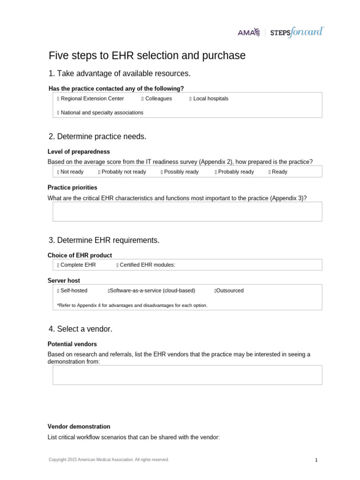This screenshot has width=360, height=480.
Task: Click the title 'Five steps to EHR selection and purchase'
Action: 147,56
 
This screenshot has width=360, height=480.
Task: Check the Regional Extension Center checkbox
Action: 58,99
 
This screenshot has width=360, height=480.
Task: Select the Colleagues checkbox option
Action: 142,99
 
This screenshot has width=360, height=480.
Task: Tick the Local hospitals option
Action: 191,99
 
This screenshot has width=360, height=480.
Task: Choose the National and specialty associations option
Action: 58,113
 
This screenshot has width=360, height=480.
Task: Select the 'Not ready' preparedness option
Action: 58,172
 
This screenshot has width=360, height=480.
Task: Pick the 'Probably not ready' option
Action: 99,172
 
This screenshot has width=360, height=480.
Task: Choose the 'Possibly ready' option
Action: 162,172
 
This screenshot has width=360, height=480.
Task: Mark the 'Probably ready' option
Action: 216,172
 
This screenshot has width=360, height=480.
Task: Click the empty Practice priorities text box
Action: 187,211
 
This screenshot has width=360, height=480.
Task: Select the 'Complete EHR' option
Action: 58,265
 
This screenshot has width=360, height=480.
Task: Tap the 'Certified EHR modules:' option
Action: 118,265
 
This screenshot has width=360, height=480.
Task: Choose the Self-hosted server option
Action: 58,291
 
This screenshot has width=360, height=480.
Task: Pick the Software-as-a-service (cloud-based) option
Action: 109,291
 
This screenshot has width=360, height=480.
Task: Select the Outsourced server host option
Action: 215,291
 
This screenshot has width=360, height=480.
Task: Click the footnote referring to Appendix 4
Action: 132,305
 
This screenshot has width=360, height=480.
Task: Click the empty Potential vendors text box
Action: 187,375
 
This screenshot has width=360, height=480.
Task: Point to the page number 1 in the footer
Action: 316,460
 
